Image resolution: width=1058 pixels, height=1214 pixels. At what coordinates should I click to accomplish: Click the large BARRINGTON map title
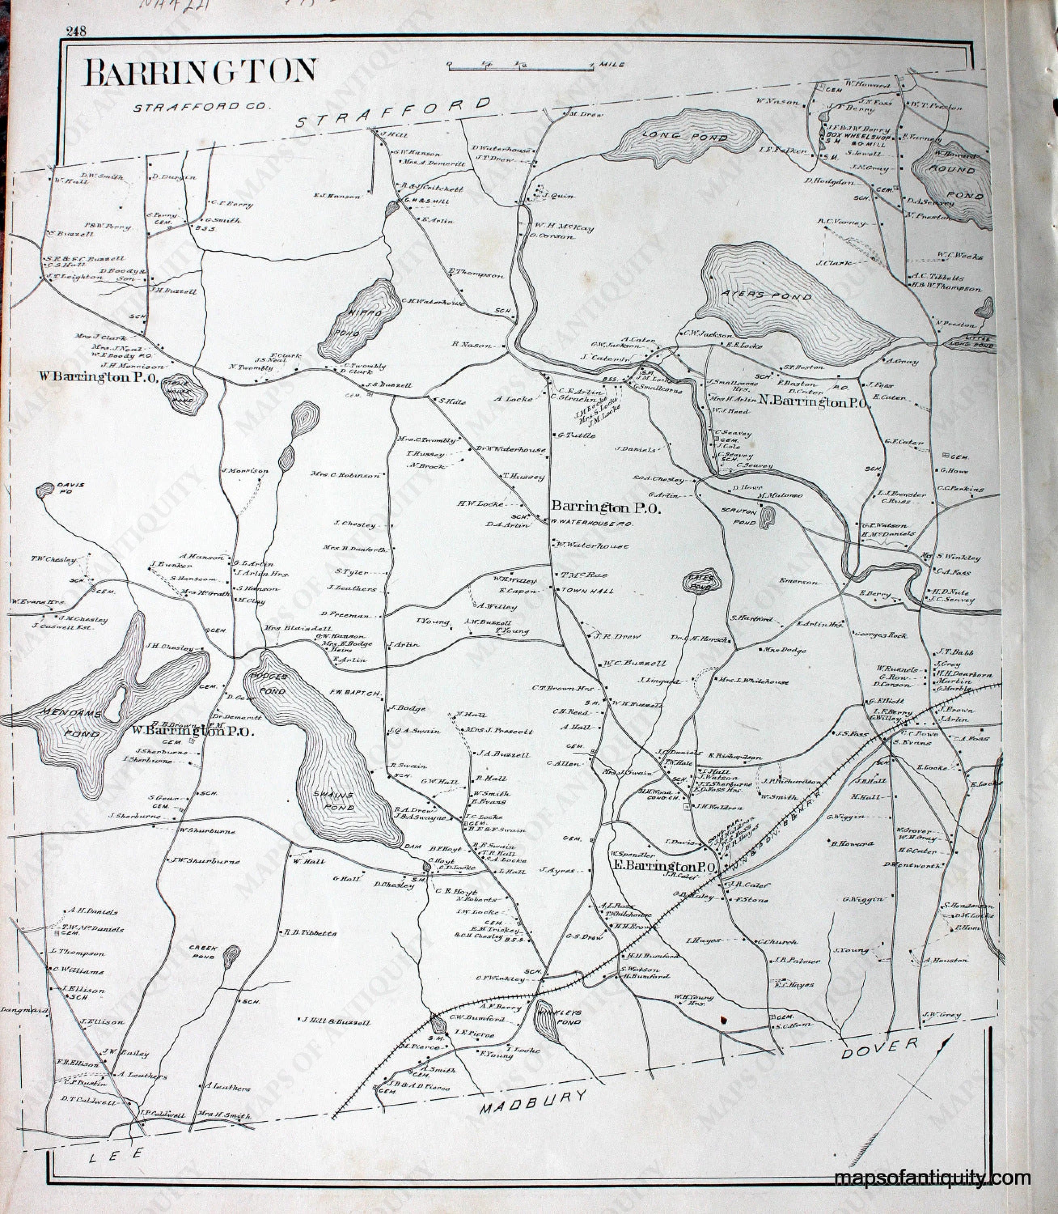click(201, 72)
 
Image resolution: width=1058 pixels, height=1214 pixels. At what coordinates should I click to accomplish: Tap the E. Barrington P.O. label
click(664, 867)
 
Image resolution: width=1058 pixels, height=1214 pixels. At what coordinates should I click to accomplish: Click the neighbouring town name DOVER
click(879, 1047)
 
